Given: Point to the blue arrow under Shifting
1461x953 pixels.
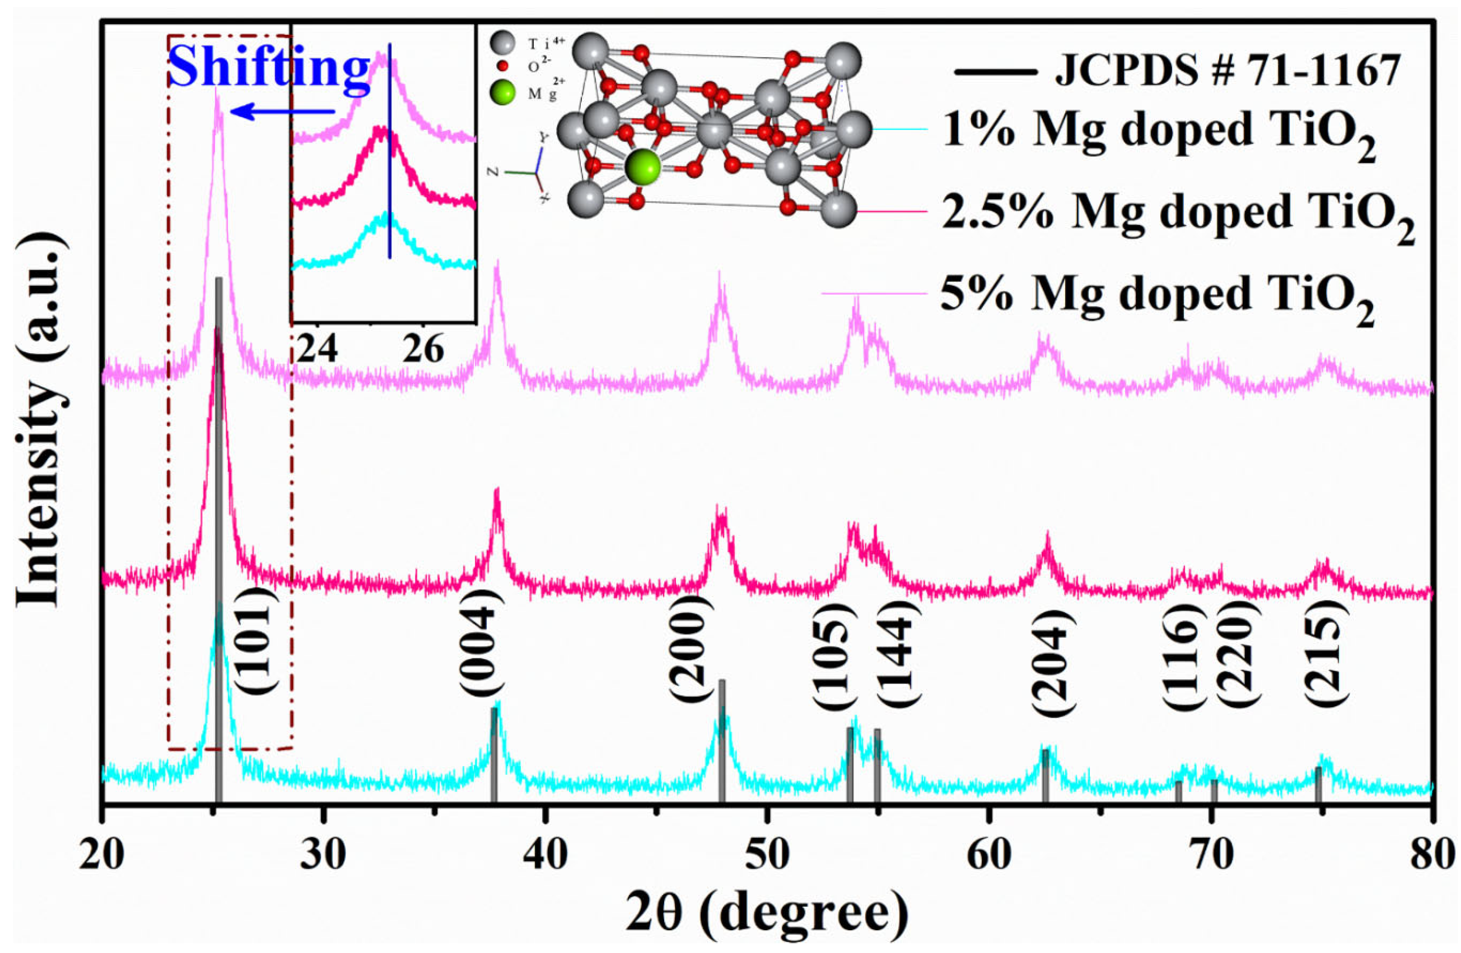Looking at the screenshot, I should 283,112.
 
